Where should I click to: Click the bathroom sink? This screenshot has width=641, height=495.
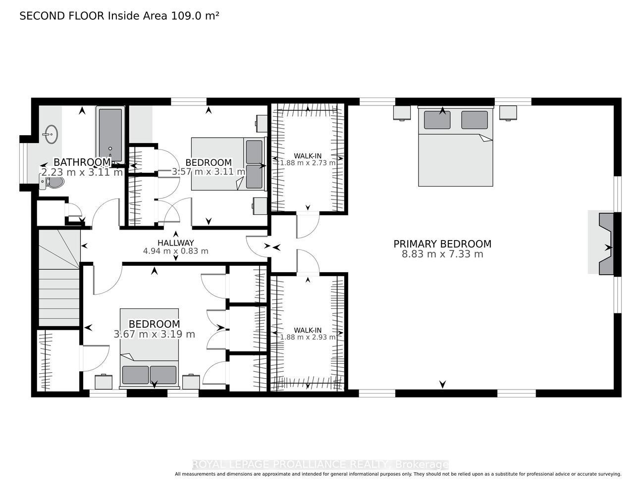coord(52,134)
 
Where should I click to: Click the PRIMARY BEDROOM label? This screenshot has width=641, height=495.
coord(442,244)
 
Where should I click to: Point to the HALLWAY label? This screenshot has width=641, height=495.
coord(176,243)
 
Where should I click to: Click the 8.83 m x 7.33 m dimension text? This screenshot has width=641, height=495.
coord(442,254)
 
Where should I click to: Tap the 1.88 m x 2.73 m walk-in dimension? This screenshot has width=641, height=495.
coord(308,163)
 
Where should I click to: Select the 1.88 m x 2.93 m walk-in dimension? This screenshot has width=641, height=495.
coord(308,337)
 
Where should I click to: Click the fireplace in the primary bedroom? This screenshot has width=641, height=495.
coord(606,244)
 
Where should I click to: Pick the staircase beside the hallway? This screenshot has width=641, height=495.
coord(59,278)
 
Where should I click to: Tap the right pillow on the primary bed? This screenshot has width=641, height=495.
coord(475,120)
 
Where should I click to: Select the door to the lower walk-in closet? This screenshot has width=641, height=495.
coord(308,262)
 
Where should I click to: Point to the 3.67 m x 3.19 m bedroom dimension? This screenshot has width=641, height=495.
coord(154,334)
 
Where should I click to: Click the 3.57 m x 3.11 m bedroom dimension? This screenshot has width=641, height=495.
coord(209,171)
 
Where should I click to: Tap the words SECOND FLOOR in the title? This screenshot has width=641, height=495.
coord(62,16)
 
